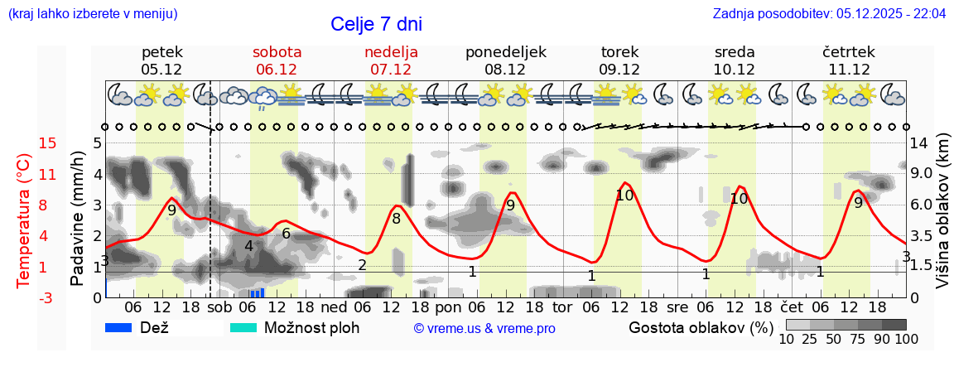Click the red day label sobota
pos(277,52)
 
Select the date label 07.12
pos(391,70)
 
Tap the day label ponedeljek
pos(505,52)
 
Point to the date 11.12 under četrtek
pos(848,70)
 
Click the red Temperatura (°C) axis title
pos(24,220)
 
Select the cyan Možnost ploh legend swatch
pos(243,327)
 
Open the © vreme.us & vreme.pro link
pos(484,328)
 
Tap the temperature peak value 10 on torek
pos(624,196)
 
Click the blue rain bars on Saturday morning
pos(257,292)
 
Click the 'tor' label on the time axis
pos(562,306)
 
